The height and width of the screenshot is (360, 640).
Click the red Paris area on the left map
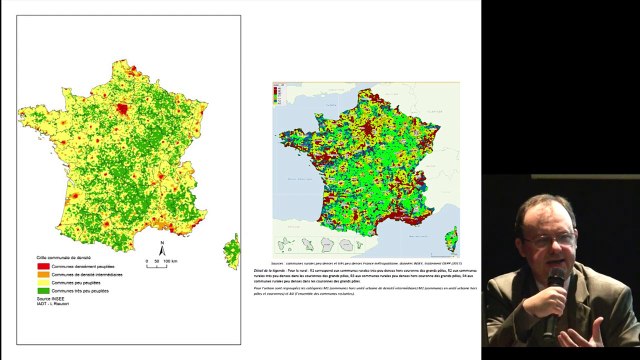pos(123,109)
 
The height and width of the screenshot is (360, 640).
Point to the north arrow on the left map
pos(162,245)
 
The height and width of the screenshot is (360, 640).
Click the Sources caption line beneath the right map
pos(365,259)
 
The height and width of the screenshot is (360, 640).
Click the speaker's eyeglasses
pos(549,239)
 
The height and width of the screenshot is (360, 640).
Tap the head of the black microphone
pos(556,278)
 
